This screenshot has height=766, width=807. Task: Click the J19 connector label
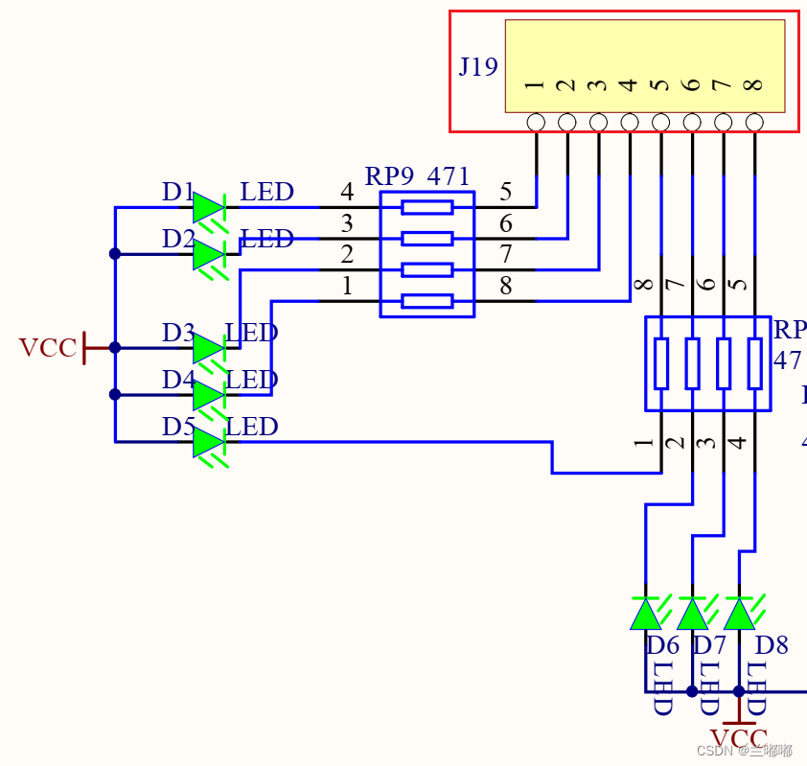(478, 67)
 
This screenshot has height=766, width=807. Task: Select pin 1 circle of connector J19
(536, 122)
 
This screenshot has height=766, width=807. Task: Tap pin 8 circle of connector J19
(754, 122)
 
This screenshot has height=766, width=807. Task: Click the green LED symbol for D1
(208, 207)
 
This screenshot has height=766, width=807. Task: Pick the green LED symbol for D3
(208, 348)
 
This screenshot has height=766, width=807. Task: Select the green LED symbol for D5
(208, 442)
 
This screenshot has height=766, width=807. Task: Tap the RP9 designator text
(389, 176)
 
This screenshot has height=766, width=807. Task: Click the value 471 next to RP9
(449, 176)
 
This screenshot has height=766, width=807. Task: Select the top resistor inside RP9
(427, 207)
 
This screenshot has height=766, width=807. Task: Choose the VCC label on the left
(47, 348)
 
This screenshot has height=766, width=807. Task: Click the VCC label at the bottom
(738, 739)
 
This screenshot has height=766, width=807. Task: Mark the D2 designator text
(178, 239)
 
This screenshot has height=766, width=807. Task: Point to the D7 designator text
(710, 645)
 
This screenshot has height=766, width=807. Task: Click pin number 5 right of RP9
(506, 193)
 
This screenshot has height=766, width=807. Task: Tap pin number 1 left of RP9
(347, 287)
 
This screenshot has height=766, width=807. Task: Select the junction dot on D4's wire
(115, 394)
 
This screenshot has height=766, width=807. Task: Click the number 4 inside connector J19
(629, 84)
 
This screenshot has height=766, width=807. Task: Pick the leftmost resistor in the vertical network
(661, 363)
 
